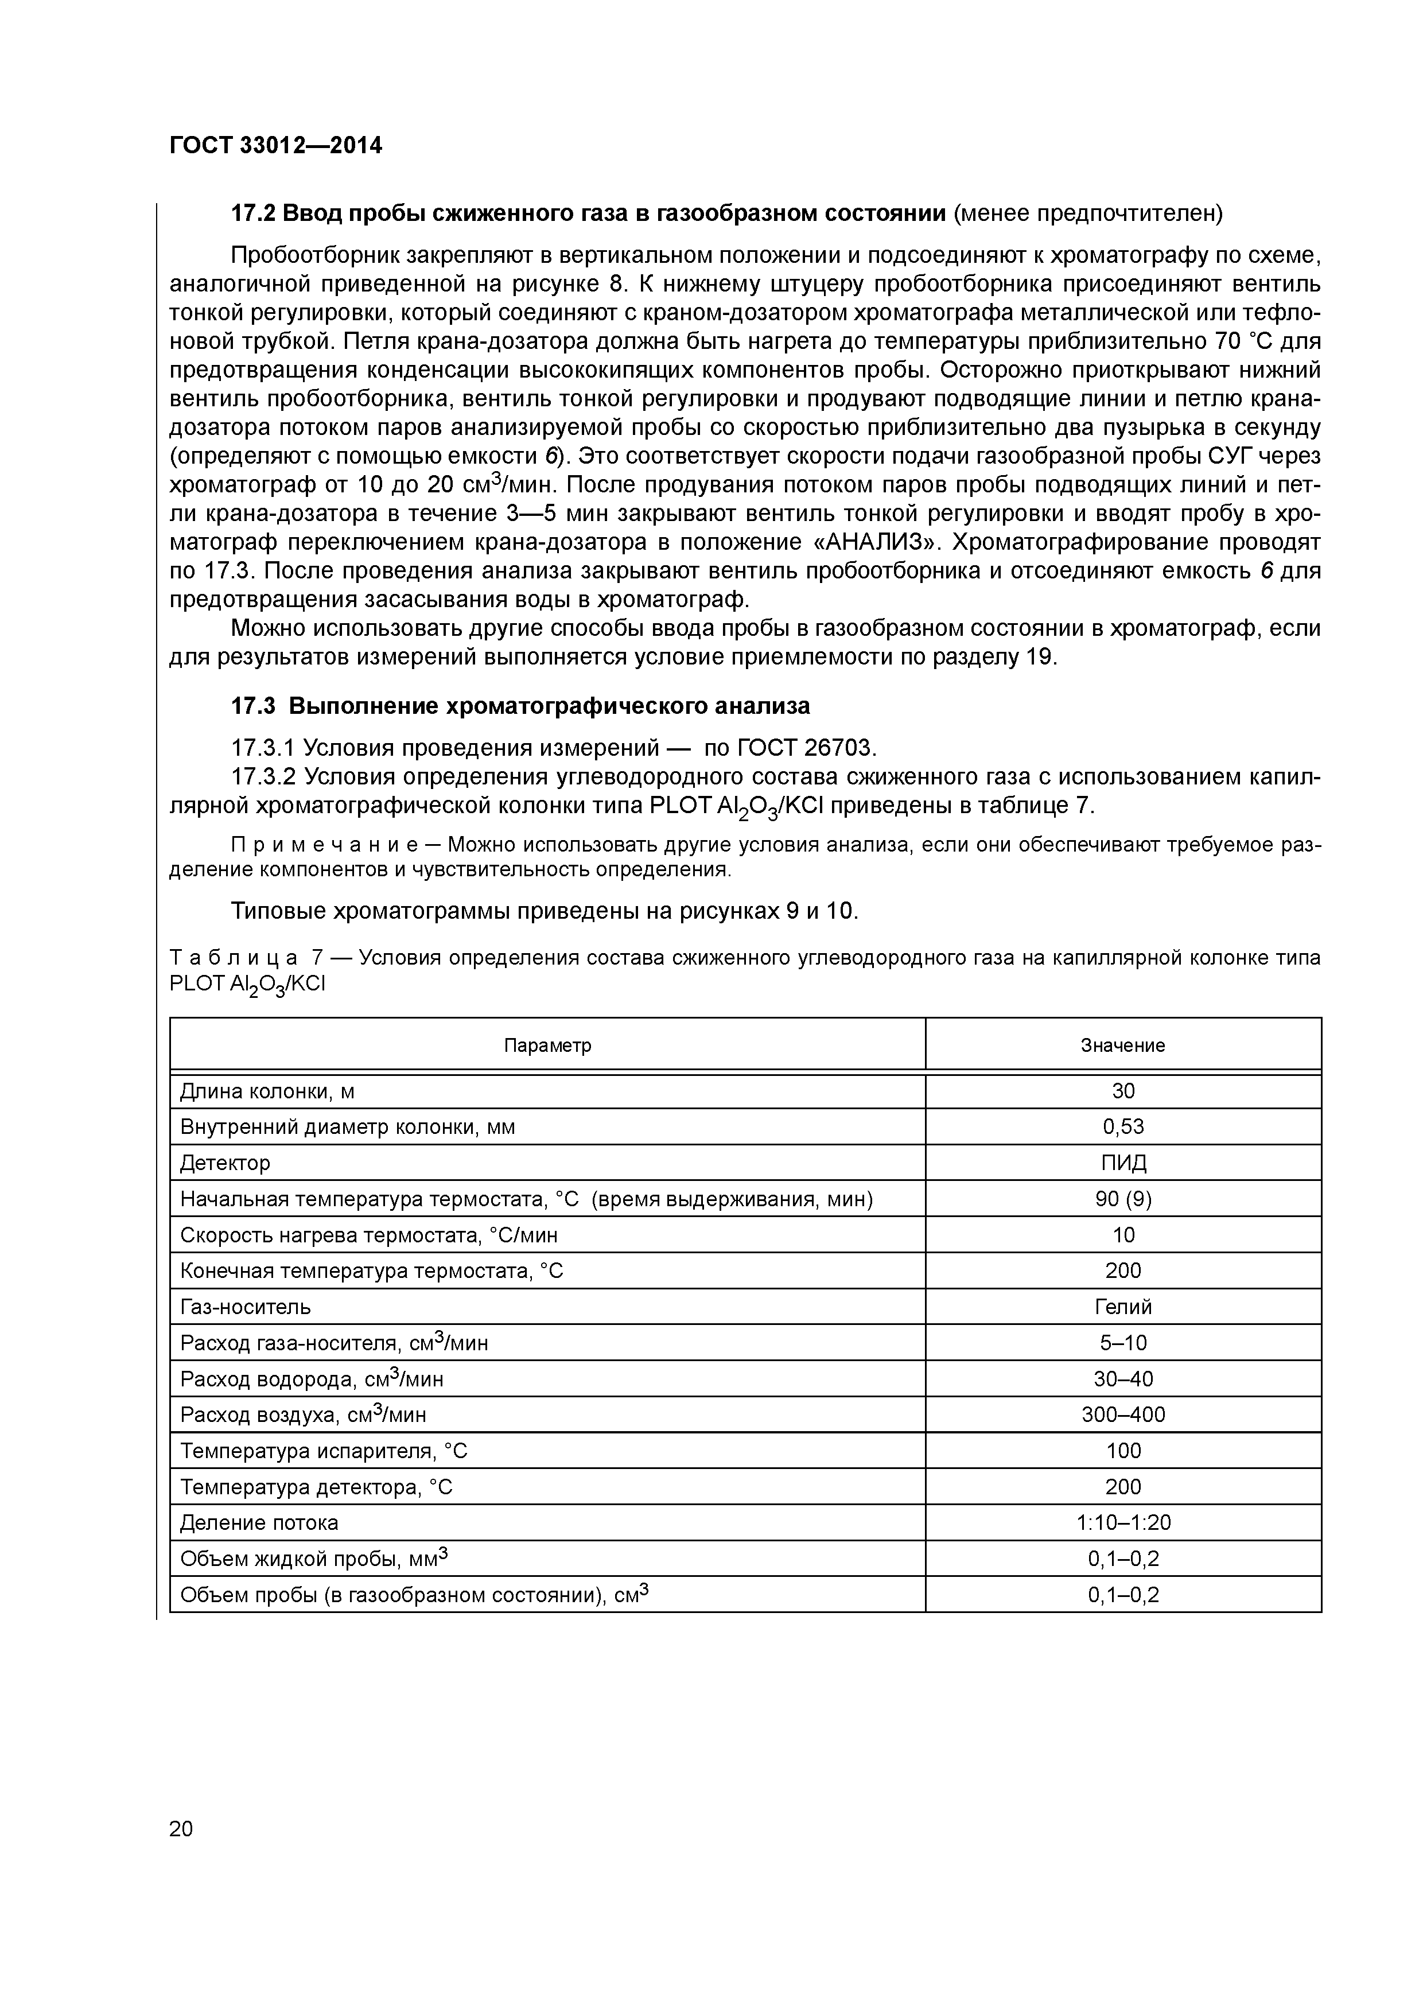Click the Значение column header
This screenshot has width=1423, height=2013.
[1122, 1045]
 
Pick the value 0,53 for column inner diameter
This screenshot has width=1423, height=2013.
[1123, 1126]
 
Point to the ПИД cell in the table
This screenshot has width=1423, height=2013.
[1123, 1163]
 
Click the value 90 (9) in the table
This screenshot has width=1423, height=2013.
[1123, 1199]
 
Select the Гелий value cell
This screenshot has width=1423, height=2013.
[1123, 1307]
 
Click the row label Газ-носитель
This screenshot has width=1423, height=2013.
[246, 1307]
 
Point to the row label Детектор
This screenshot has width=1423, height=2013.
[225, 1163]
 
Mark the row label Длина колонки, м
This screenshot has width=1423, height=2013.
[267, 1091]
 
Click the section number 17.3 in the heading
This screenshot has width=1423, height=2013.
[254, 706]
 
